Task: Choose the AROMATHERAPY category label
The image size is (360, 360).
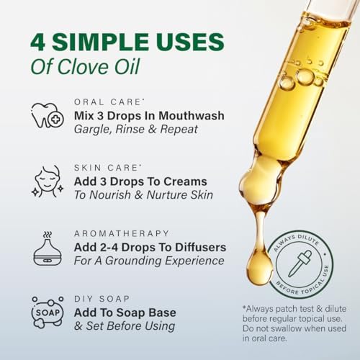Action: (122, 234)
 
